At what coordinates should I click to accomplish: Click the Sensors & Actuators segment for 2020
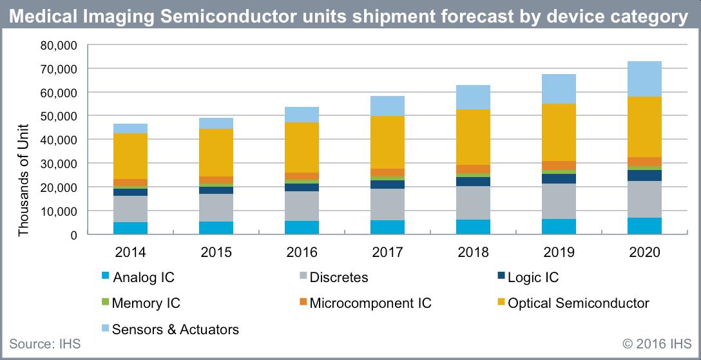[644, 79]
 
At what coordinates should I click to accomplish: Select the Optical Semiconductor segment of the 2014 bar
[130, 156]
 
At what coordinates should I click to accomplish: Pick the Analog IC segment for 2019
[559, 227]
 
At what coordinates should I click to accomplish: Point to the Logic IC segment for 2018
[473, 182]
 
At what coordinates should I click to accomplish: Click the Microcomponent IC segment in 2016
[302, 176]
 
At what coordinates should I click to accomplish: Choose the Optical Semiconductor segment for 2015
[216, 153]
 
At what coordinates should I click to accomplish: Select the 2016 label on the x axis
[302, 252]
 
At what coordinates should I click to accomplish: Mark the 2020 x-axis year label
[644, 252]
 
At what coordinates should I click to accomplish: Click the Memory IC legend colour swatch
[106, 303]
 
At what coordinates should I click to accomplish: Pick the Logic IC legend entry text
[533, 278]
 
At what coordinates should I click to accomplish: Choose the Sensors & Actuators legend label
[176, 330]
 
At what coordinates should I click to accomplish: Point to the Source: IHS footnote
[44, 344]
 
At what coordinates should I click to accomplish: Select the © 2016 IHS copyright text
[657, 344]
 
